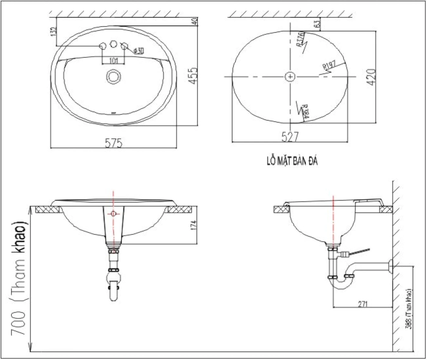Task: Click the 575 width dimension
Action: (x=113, y=143)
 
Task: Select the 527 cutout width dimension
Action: (x=290, y=137)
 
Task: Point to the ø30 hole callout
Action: (x=138, y=51)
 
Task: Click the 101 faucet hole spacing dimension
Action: (x=113, y=60)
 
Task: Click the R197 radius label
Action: (x=328, y=66)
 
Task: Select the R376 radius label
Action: (x=300, y=39)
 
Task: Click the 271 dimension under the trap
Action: (x=362, y=304)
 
